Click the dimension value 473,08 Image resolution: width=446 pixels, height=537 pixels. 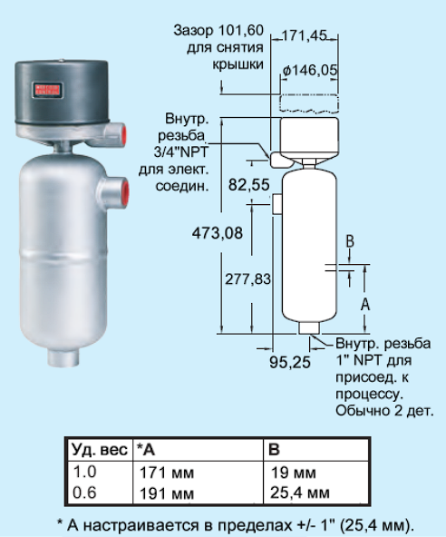(x=217, y=233)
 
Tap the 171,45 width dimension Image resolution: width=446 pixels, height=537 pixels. (x=305, y=35)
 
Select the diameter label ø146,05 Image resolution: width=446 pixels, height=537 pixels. (x=310, y=71)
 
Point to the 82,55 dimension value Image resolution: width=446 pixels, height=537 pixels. (x=249, y=185)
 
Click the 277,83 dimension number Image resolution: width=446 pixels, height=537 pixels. (x=247, y=279)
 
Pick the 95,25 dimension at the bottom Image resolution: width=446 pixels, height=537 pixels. (x=289, y=362)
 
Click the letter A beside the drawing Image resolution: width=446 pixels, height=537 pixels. (x=365, y=304)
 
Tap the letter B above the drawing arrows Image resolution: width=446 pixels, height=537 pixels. (x=350, y=241)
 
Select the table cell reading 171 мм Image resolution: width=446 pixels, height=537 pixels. (x=167, y=473)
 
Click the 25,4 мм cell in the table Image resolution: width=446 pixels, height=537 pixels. (x=300, y=493)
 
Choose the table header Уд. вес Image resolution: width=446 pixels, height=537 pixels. (x=100, y=449)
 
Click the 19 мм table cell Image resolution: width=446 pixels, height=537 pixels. (x=294, y=473)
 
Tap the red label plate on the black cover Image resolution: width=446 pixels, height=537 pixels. (x=47, y=90)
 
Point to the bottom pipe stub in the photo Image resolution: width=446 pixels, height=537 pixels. (x=63, y=357)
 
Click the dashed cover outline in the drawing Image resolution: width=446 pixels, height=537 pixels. (x=309, y=103)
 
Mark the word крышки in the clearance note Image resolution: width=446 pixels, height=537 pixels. (x=238, y=64)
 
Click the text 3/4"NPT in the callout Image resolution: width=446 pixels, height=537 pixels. (x=180, y=152)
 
